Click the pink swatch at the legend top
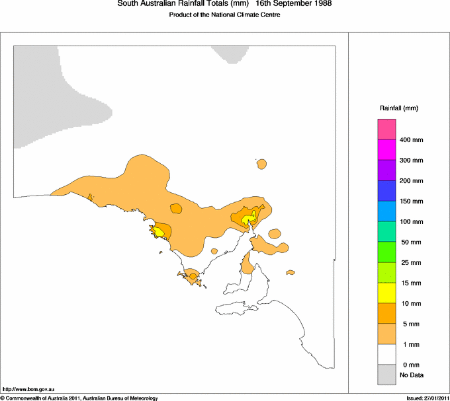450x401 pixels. coord(386,129)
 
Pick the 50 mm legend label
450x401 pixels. coord(410,242)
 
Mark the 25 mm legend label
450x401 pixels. coord(410,263)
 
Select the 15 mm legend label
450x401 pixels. coord(410,283)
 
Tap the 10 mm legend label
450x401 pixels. coord(410,304)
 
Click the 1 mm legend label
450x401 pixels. coord(408,345)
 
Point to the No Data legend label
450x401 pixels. coord(412,375)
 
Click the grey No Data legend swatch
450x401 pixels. coord(386,375)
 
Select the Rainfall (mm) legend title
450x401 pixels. coord(399,108)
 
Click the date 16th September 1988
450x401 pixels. coord(293,4)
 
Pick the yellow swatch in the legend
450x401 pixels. coord(386,292)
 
